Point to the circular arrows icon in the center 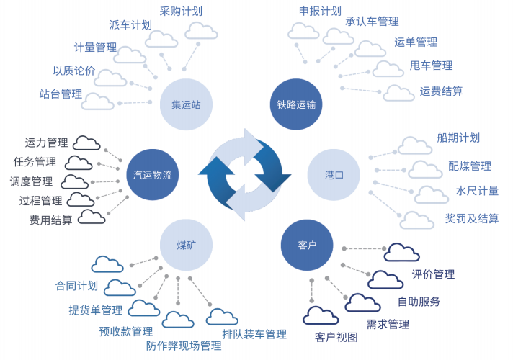(x=245, y=174)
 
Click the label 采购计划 (x=181, y=11)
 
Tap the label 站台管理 (x=61, y=94)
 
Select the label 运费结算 (x=441, y=91)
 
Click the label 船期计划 (x=458, y=138)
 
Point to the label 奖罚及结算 (x=472, y=218)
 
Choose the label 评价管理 (x=433, y=274)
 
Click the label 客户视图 (x=336, y=336)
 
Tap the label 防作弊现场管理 (x=184, y=346)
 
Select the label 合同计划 (x=76, y=286)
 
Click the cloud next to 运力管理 (x=86, y=143)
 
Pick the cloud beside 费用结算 (x=91, y=217)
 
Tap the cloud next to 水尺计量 (x=431, y=194)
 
